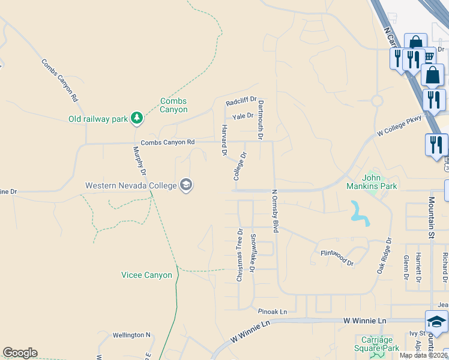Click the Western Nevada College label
131,185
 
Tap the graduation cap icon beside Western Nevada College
186,185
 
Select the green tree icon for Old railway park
137,118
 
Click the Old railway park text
98,119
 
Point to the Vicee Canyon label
146,275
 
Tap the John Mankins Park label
380,182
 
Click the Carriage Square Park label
376,344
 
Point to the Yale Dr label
243,116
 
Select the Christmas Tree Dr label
240,255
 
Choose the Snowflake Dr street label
253,253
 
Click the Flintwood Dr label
337,258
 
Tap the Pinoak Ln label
273,312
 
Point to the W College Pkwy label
400,124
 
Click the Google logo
20,353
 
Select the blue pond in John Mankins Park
360,212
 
